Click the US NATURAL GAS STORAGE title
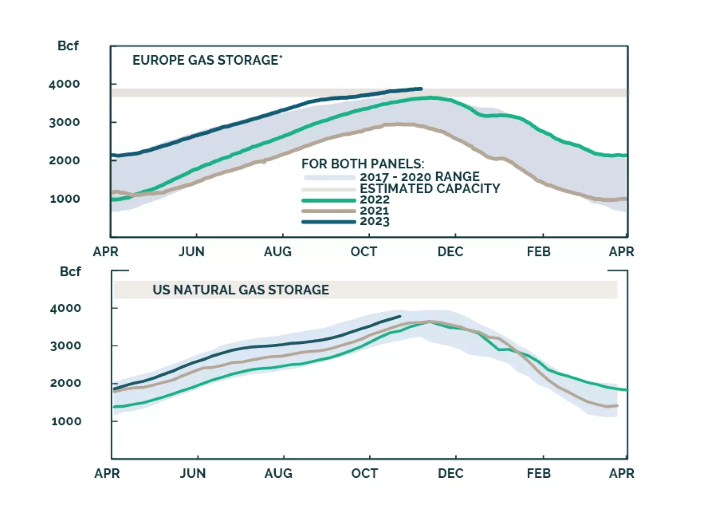click(x=240, y=290)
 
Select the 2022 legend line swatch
click(x=328, y=200)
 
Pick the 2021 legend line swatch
click(x=328, y=211)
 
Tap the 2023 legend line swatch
click(x=328, y=222)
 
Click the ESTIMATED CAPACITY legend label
click(x=429, y=189)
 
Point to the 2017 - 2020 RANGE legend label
click(x=419, y=177)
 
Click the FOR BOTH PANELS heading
click(x=363, y=164)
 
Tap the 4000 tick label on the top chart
click(x=64, y=84)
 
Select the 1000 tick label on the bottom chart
click(x=66, y=421)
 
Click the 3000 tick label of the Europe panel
click(x=64, y=123)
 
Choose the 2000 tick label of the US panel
click(x=66, y=383)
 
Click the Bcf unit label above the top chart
click(x=68, y=46)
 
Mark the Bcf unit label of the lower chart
click(x=70, y=272)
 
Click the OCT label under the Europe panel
click(x=363, y=252)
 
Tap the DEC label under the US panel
click(x=450, y=474)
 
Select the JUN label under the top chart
click(x=192, y=252)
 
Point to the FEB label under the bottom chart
click(x=539, y=474)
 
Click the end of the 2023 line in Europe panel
click(x=421, y=89)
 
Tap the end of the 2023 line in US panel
click(x=400, y=316)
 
